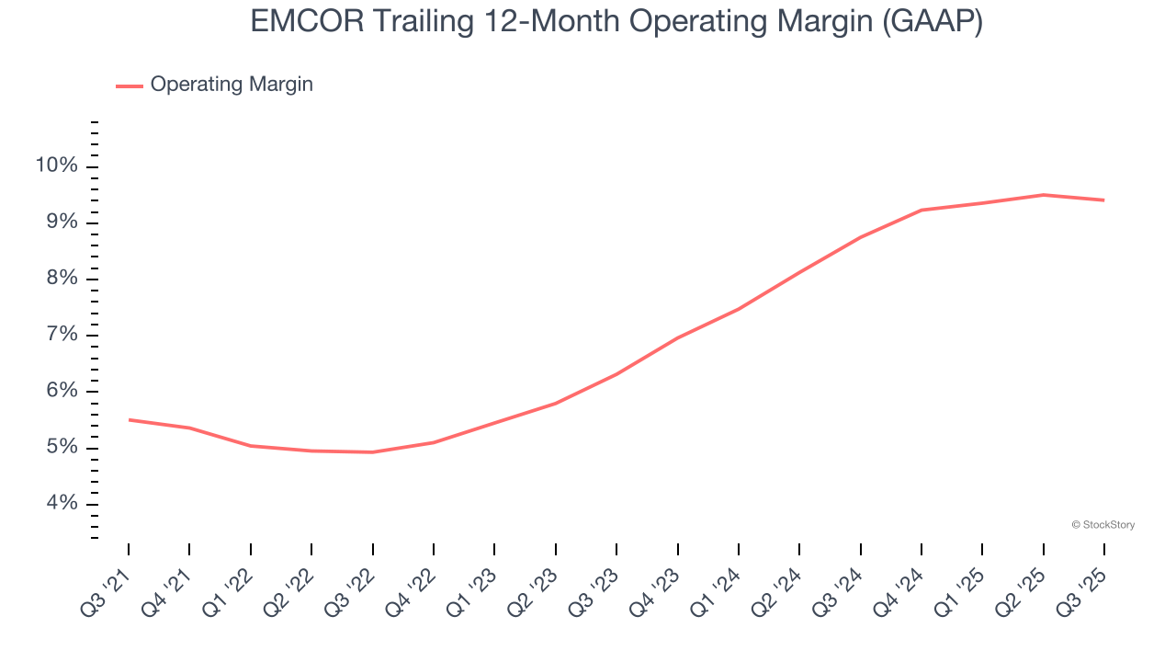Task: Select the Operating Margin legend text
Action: (232, 85)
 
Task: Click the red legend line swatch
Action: (130, 86)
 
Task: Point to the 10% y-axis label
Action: (56, 165)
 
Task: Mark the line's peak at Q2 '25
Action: (1043, 195)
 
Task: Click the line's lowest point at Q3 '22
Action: (372, 452)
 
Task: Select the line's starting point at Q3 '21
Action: (129, 419)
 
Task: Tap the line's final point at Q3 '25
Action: (1103, 200)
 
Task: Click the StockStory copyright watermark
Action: (1102, 525)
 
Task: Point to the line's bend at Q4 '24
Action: (922, 210)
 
